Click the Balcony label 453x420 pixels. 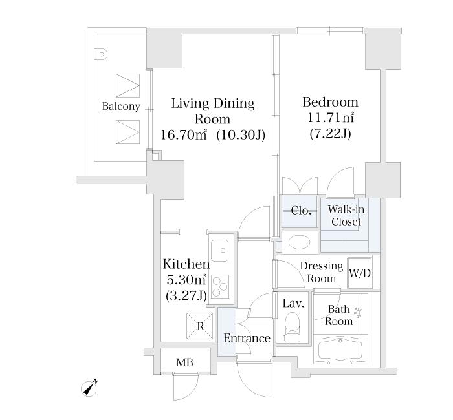pyautogui.click(x=121, y=107)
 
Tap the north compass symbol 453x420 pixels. pyautogui.click(x=89, y=388)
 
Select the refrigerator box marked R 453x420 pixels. pyautogui.click(x=199, y=326)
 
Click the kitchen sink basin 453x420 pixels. pyautogui.click(x=219, y=251)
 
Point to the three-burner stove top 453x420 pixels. pyautogui.click(x=220, y=286)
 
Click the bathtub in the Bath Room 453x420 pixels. pyautogui.click(x=340, y=350)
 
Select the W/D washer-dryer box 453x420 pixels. pyautogui.click(x=359, y=273)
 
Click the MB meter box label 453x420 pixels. pyautogui.click(x=184, y=362)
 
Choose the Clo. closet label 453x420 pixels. pyautogui.click(x=301, y=211)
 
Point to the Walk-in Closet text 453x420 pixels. pyautogui.click(x=346, y=215)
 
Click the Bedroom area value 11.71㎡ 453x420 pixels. pyautogui.click(x=331, y=118)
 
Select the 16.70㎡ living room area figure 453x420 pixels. pyautogui.click(x=183, y=134)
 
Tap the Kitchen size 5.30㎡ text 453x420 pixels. pyautogui.click(x=186, y=280)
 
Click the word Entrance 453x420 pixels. pyautogui.click(x=247, y=338)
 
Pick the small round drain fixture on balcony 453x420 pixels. pyautogui.click(x=102, y=54)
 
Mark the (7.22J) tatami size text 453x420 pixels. pyautogui.click(x=330, y=134)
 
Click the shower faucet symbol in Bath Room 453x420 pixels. pyautogui.click(x=359, y=313)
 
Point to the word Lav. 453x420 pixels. pyautogui.click(x=293, y=303)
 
